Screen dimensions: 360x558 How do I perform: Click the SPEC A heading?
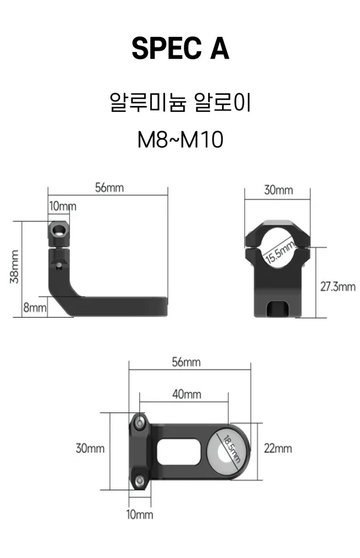(x=180, y=48)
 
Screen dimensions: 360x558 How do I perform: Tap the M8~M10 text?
(x=180, y=140)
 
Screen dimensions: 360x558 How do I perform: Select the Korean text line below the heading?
(x=180, y=102)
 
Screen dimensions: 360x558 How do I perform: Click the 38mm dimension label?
(x=14, y=266)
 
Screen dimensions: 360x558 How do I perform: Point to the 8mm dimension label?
(x=35, y=307)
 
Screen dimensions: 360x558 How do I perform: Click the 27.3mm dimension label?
(x=338, y=287)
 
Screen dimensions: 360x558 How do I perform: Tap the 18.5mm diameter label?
(x=231, y=448)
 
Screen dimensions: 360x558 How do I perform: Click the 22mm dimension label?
(x=278, y=448)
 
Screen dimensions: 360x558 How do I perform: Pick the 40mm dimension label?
(x=187, y=394)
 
